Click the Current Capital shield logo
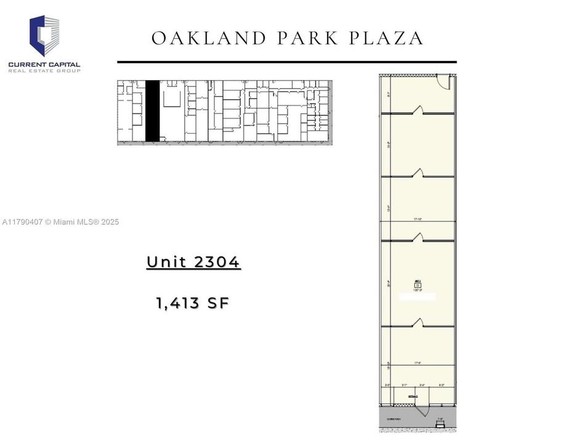(x=44, y=36)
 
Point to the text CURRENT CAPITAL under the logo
(x=44, y=64)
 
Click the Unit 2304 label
(x=193, y=262)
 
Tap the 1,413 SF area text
(x=193, y=303)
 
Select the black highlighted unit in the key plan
(x=152, y=111)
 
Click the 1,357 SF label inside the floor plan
(x=418, y=290)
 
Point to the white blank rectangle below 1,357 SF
(x=418, y=297)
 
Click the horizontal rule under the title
(x=286, y=62)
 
